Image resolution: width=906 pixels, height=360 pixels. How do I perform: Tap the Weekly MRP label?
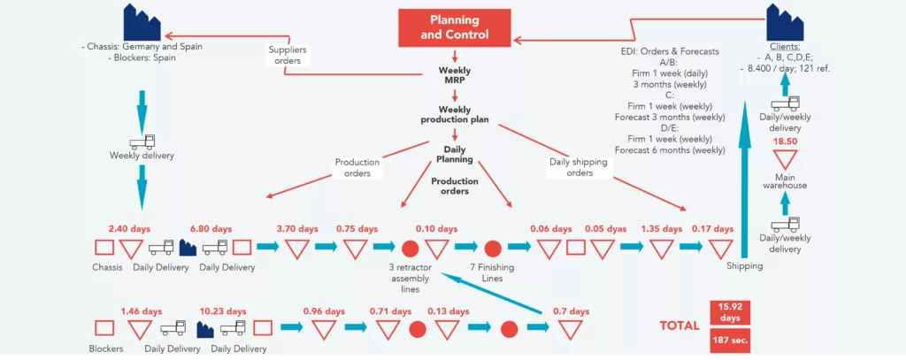pyautogui.click(x=455, y=75)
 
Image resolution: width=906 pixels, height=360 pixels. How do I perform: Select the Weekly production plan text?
pyautogui.click(x=455, y=115)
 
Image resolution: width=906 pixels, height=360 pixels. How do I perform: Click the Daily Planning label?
pyautogui.click(x=455, y=155)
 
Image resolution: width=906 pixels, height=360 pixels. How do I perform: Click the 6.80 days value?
pyautogui.click(x=211, y=228)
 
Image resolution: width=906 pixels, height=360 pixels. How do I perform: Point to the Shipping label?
pyautogui.click(x=744, y=265)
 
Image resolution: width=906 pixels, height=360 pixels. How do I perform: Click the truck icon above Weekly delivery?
pyautogui.click(x=142, y=141)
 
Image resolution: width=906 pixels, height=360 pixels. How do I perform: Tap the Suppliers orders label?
pyautogui.click(x=287, y=55)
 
